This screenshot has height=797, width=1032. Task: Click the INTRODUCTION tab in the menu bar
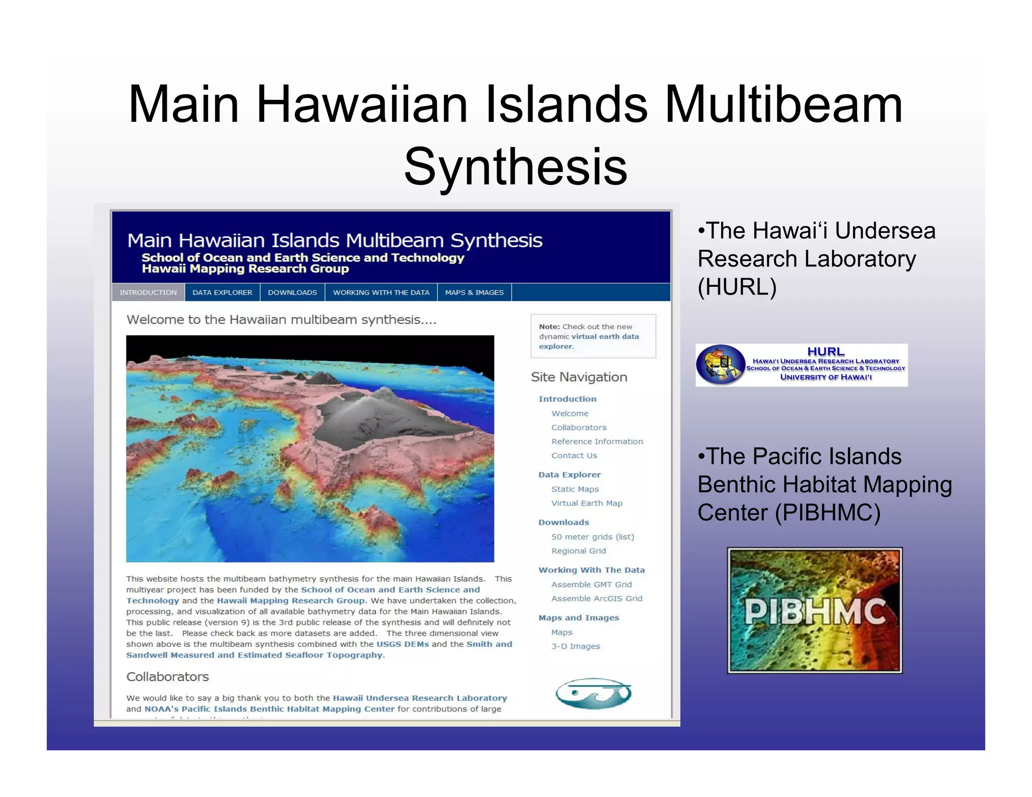(148, 293)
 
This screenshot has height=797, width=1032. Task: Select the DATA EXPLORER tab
(222, 293)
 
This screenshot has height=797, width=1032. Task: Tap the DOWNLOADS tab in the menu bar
(292, 293)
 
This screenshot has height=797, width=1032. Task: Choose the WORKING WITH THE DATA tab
(381, 293)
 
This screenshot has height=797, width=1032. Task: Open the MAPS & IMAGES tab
(474, 293)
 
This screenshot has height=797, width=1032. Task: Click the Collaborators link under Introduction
(578, 428)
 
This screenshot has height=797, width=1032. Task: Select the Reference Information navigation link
(597, 442)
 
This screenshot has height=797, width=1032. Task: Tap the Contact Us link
(574, 456)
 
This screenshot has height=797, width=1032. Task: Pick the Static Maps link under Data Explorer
(575, 489)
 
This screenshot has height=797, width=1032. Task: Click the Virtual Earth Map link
(587, 503)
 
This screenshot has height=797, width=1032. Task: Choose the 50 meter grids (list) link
(593, 537)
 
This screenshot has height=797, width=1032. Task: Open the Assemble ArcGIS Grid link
(597, 599)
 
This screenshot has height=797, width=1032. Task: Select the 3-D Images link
(575, 646)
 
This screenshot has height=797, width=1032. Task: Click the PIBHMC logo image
(814, 610)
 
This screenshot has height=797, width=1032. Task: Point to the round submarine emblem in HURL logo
(720, 365)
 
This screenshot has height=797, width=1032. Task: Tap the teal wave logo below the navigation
(593, 694)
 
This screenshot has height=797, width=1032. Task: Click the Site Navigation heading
(579, 377)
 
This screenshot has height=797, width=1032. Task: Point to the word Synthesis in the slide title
(515, 167)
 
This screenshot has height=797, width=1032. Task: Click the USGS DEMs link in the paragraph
(403, 644)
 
